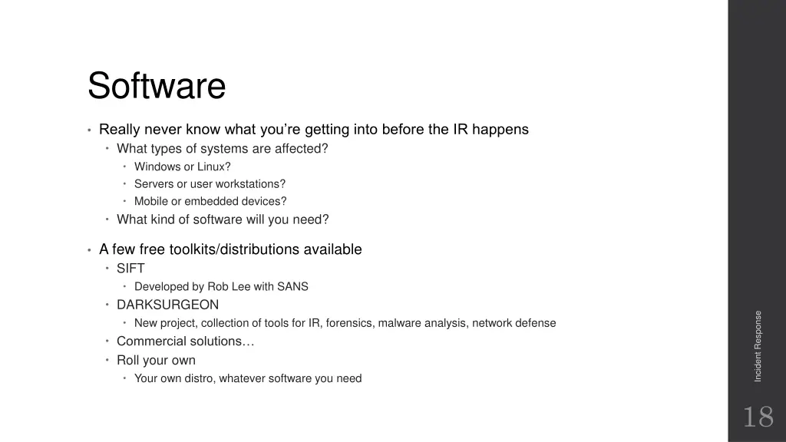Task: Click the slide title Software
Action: tap(156, 86)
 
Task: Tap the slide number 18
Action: tap(757, 417)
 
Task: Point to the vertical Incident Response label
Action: tap(758, 346)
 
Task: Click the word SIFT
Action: tap(130, 269)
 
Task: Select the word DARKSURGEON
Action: tap(167, 305)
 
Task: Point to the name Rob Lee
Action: tap(229, 287)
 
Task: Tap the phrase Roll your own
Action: tap(156, 360)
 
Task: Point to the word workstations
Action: tap(250, 184)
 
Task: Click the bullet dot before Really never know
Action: tap(89, 130)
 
